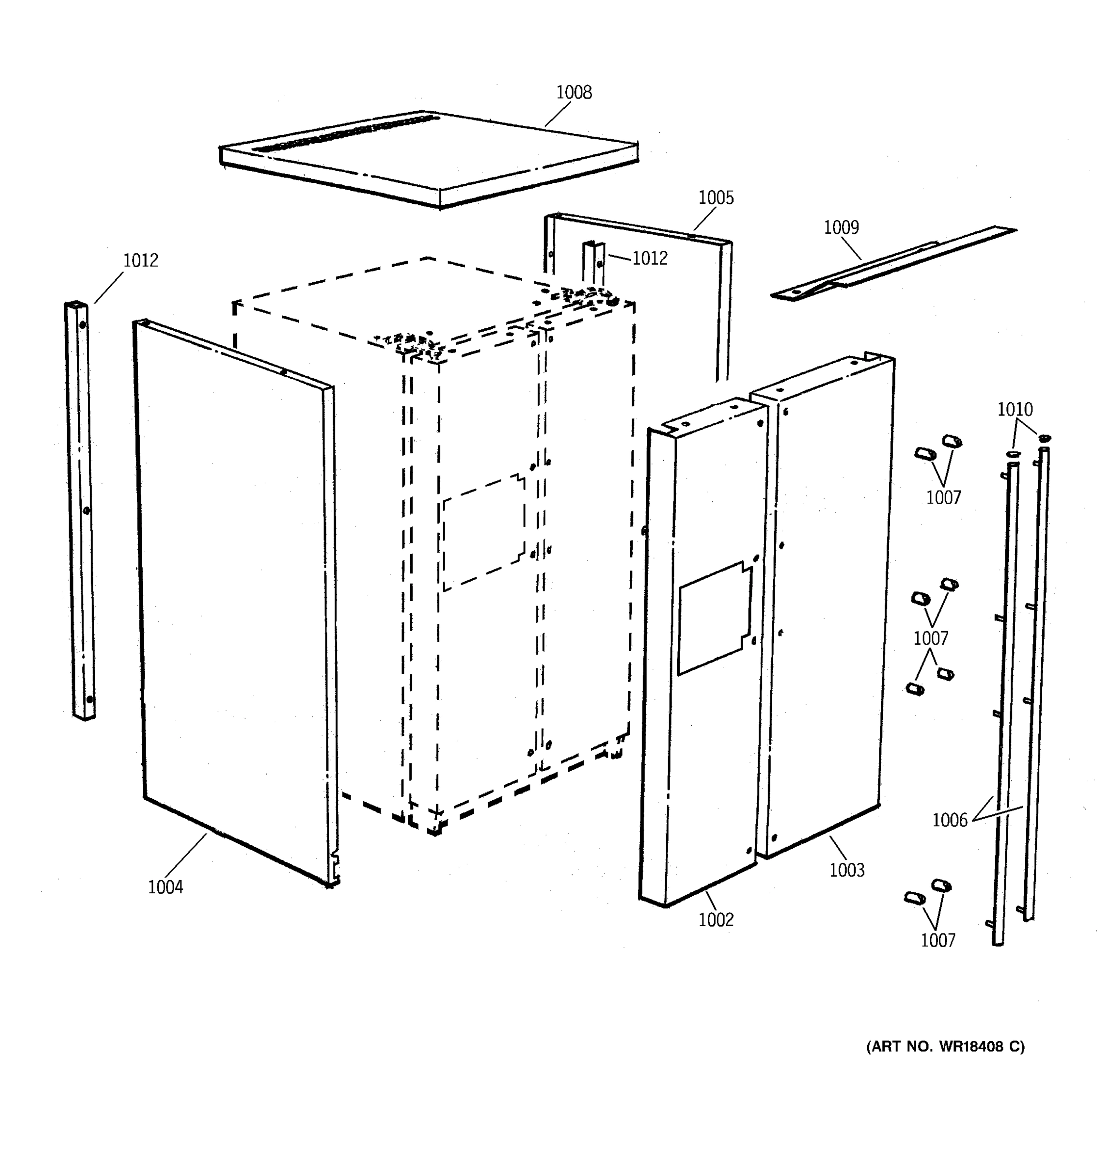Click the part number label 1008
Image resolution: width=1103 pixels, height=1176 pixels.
pyautogui.click(x=574, y=92)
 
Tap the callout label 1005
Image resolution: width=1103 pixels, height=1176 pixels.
pyautogui.click(x=715, y=197)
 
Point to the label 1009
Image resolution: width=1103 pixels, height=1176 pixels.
pyautogui.click(x=841, y=227)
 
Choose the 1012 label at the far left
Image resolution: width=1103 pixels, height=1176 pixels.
pyautogui.click(x=140, y=260)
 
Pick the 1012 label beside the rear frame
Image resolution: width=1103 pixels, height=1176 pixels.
pyautogui.click(x=649, y=258)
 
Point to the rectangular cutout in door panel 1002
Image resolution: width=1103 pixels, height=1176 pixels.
pyautogui.click(x=714, y=619)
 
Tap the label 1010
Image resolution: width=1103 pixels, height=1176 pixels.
pyautogui.click(x=1015, y=409)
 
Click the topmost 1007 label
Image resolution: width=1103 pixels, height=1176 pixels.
pyautogui.click(x=943, y=497)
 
